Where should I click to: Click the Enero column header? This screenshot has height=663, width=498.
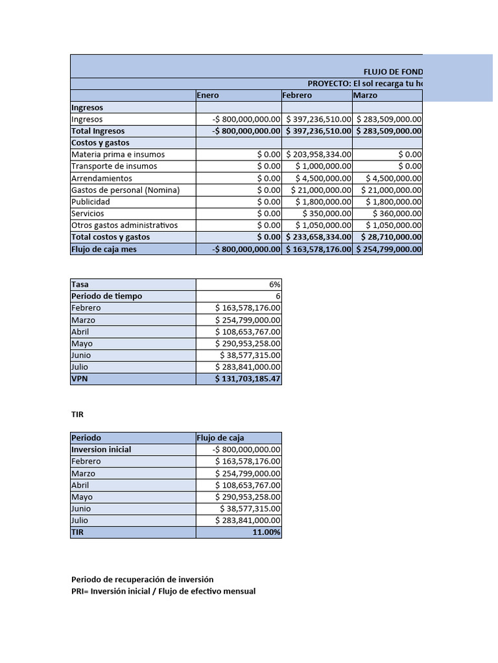[x=208, y=95]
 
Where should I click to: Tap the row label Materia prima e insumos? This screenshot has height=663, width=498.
[x=118, y=155]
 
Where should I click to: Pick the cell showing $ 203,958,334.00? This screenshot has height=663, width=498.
[x=318, y=155]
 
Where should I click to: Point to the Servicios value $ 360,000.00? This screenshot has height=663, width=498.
[x=397, y=214]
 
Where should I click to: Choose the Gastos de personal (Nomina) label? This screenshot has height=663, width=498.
[x=125, y=190]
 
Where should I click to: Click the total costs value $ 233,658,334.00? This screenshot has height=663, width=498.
[x=318, y=237]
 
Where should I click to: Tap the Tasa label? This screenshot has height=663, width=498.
[x=80, y=284]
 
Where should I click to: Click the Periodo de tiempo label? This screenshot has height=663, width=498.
[x=106, y=296]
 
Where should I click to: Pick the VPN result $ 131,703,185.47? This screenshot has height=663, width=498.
[x=248, y=379]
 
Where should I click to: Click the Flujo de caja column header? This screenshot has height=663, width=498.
[x=220, y=438]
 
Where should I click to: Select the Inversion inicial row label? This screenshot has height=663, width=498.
[x=101, y=449]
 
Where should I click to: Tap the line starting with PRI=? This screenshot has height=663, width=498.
[x=163, y=591]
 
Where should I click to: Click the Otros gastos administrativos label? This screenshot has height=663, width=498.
[x=124, y=225]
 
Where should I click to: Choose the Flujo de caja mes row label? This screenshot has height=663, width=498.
[x=104, y=249]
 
